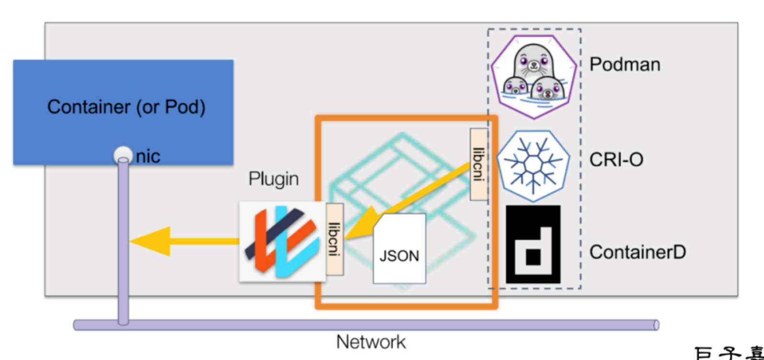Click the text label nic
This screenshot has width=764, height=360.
pyautogui.click(x=148, y=157)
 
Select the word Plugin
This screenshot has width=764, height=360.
pyautogui.click(x=273, y=179)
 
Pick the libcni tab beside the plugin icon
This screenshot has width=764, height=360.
pyautogui.click(x=335, y=239)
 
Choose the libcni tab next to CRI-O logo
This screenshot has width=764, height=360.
pyautogui.click(x=479, y=164)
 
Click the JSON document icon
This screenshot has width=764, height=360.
pyautogui.click(x=399, y=249)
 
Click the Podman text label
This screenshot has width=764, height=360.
pyautogui.click(x=625, y=64)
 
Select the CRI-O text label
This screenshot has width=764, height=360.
pyautogui.click(x=616, y=160)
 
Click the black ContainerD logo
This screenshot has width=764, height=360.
pyautogui.click(x=533, y=244)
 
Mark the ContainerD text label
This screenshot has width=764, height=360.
pyautogui.click(x=638, y=252)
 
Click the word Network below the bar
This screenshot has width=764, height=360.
pyautogui.click(x=371, y=342)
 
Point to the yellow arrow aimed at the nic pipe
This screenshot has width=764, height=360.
pyautogui.click(x=182, y=241)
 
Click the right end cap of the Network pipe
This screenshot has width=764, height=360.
pyautogui.click(x=656, y=325)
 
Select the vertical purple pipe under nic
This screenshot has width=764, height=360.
pyautogui.click(x=124, y=239)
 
